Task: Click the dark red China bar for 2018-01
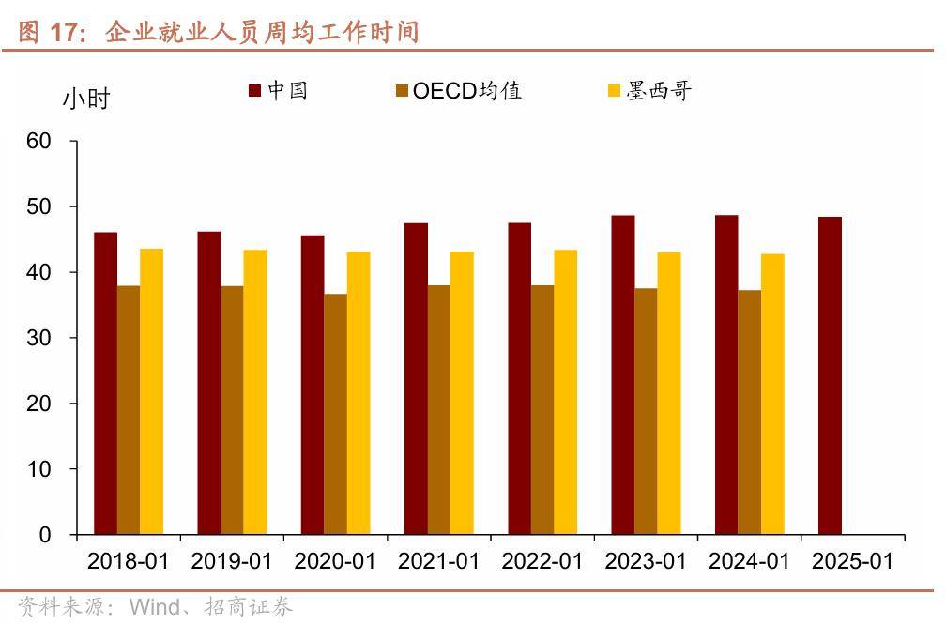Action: point(106,383)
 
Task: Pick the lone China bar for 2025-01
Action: point(830,375)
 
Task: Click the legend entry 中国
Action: point(279,90)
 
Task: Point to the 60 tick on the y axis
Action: point(39,141)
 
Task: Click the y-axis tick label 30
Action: point(39,338)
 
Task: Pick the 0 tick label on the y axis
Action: point(45,535)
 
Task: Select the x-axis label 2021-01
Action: point(438,561)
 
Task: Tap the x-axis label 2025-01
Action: point(852,561)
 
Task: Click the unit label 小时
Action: point(86,98)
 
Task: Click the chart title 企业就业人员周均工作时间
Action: point(262,33)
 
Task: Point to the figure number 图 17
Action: point(52,33)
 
